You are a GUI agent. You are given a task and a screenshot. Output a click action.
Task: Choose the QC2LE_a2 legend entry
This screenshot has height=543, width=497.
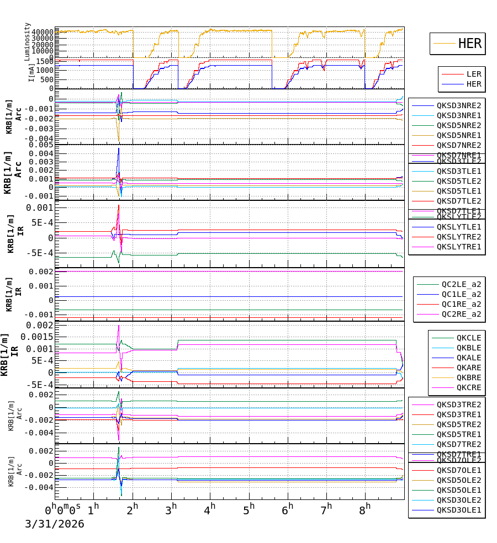tap(461, 284)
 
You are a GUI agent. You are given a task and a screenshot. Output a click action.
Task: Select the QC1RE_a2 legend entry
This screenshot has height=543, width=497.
tap(461, 304)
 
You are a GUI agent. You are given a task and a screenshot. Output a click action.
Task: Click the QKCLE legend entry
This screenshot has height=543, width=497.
tap(469, 338)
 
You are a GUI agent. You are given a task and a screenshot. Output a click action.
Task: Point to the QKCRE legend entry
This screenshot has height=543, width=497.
tap(469, 387)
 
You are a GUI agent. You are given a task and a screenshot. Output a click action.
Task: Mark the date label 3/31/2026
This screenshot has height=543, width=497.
tap(54, 524)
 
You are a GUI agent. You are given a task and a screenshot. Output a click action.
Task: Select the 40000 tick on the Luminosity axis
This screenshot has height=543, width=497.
tap(42, 32)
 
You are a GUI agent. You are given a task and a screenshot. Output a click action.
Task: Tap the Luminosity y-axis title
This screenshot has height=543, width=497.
tap(28, 41)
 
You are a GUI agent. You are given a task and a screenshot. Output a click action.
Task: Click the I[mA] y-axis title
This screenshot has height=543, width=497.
tap(32, 72)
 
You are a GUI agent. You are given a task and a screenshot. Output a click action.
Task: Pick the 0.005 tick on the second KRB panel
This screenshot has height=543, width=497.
tap(42, 145)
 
